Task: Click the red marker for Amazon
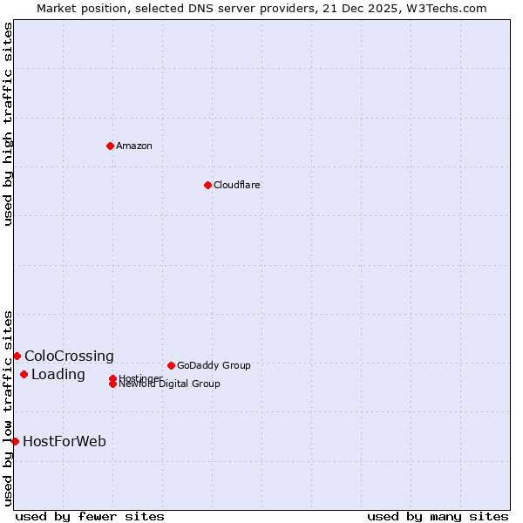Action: click(110, 146)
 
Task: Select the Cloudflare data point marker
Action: click(207, 185)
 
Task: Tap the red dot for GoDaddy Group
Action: click(171, 365)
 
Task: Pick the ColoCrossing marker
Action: click(17, 356)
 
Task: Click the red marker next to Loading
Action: click(24, 375)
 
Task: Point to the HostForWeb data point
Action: click(15, 441)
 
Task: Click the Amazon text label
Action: click(134, 146)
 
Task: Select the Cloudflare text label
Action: click(237, 185)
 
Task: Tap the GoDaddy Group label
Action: click(214, 365)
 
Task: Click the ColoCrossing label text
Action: click(69, 356)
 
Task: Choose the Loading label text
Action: click(58, 375)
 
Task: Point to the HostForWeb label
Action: click(65, 441)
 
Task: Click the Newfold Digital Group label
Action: click(170, 384)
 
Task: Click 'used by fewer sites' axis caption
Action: click(90, 516)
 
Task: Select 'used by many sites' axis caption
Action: click(438, 516)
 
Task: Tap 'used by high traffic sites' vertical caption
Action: click(8, 124)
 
